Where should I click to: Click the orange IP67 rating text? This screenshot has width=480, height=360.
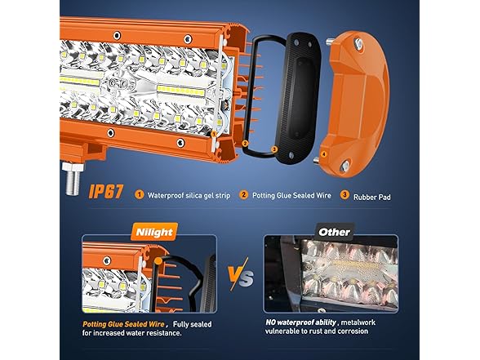point(105,192)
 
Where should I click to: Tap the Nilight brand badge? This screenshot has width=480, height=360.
point(154,232)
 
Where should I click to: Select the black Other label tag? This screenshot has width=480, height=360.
point(334,232)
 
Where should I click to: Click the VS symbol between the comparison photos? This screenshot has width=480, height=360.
point(241,274)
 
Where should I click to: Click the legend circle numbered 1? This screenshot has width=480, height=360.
point(140,194)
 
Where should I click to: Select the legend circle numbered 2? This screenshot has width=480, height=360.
point(243,194)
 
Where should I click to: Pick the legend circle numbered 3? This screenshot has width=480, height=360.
point(344,194)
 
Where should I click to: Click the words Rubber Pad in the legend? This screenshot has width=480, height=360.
point(372,198)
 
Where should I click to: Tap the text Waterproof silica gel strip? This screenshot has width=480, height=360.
point(189,195)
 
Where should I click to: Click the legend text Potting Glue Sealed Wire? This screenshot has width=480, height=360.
point(291,195)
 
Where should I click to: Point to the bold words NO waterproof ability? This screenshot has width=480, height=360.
point(300,322)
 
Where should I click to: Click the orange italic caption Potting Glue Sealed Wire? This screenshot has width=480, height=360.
point(124,324)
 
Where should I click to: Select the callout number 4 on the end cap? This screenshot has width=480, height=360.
point(324,154)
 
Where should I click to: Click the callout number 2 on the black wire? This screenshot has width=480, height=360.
point(245,143)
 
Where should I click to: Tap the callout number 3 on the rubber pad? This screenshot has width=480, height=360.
point(274,149)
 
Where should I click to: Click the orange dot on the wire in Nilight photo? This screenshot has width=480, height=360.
point(158,261)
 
